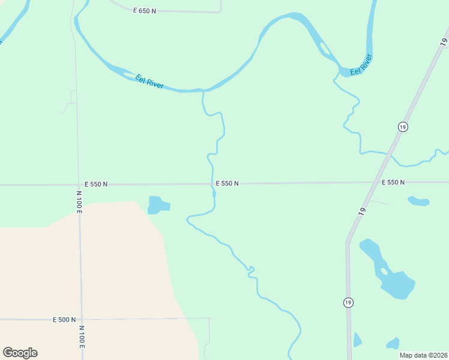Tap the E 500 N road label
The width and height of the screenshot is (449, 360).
coord(64,320)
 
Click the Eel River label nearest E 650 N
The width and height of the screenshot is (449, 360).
coord(149,82)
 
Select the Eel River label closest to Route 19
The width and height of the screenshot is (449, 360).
coord(361,64)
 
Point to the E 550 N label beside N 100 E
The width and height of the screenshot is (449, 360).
coord(96,184)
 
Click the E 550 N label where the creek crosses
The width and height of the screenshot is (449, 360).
coord(228,184)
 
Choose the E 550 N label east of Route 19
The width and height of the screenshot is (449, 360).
coord(393,182)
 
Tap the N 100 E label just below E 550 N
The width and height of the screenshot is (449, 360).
coord(79,203)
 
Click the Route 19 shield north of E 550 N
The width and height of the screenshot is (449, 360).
coord(402,127)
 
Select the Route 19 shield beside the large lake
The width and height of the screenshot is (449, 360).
coord(348,302)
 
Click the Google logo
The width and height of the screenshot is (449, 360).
coord(20,353)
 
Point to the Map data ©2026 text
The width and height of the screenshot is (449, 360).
coord(423,355)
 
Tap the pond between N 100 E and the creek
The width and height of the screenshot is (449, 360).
coord(158,205)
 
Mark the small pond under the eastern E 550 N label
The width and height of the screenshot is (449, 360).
coord(418,201)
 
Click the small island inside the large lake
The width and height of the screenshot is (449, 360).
coord(384,271)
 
